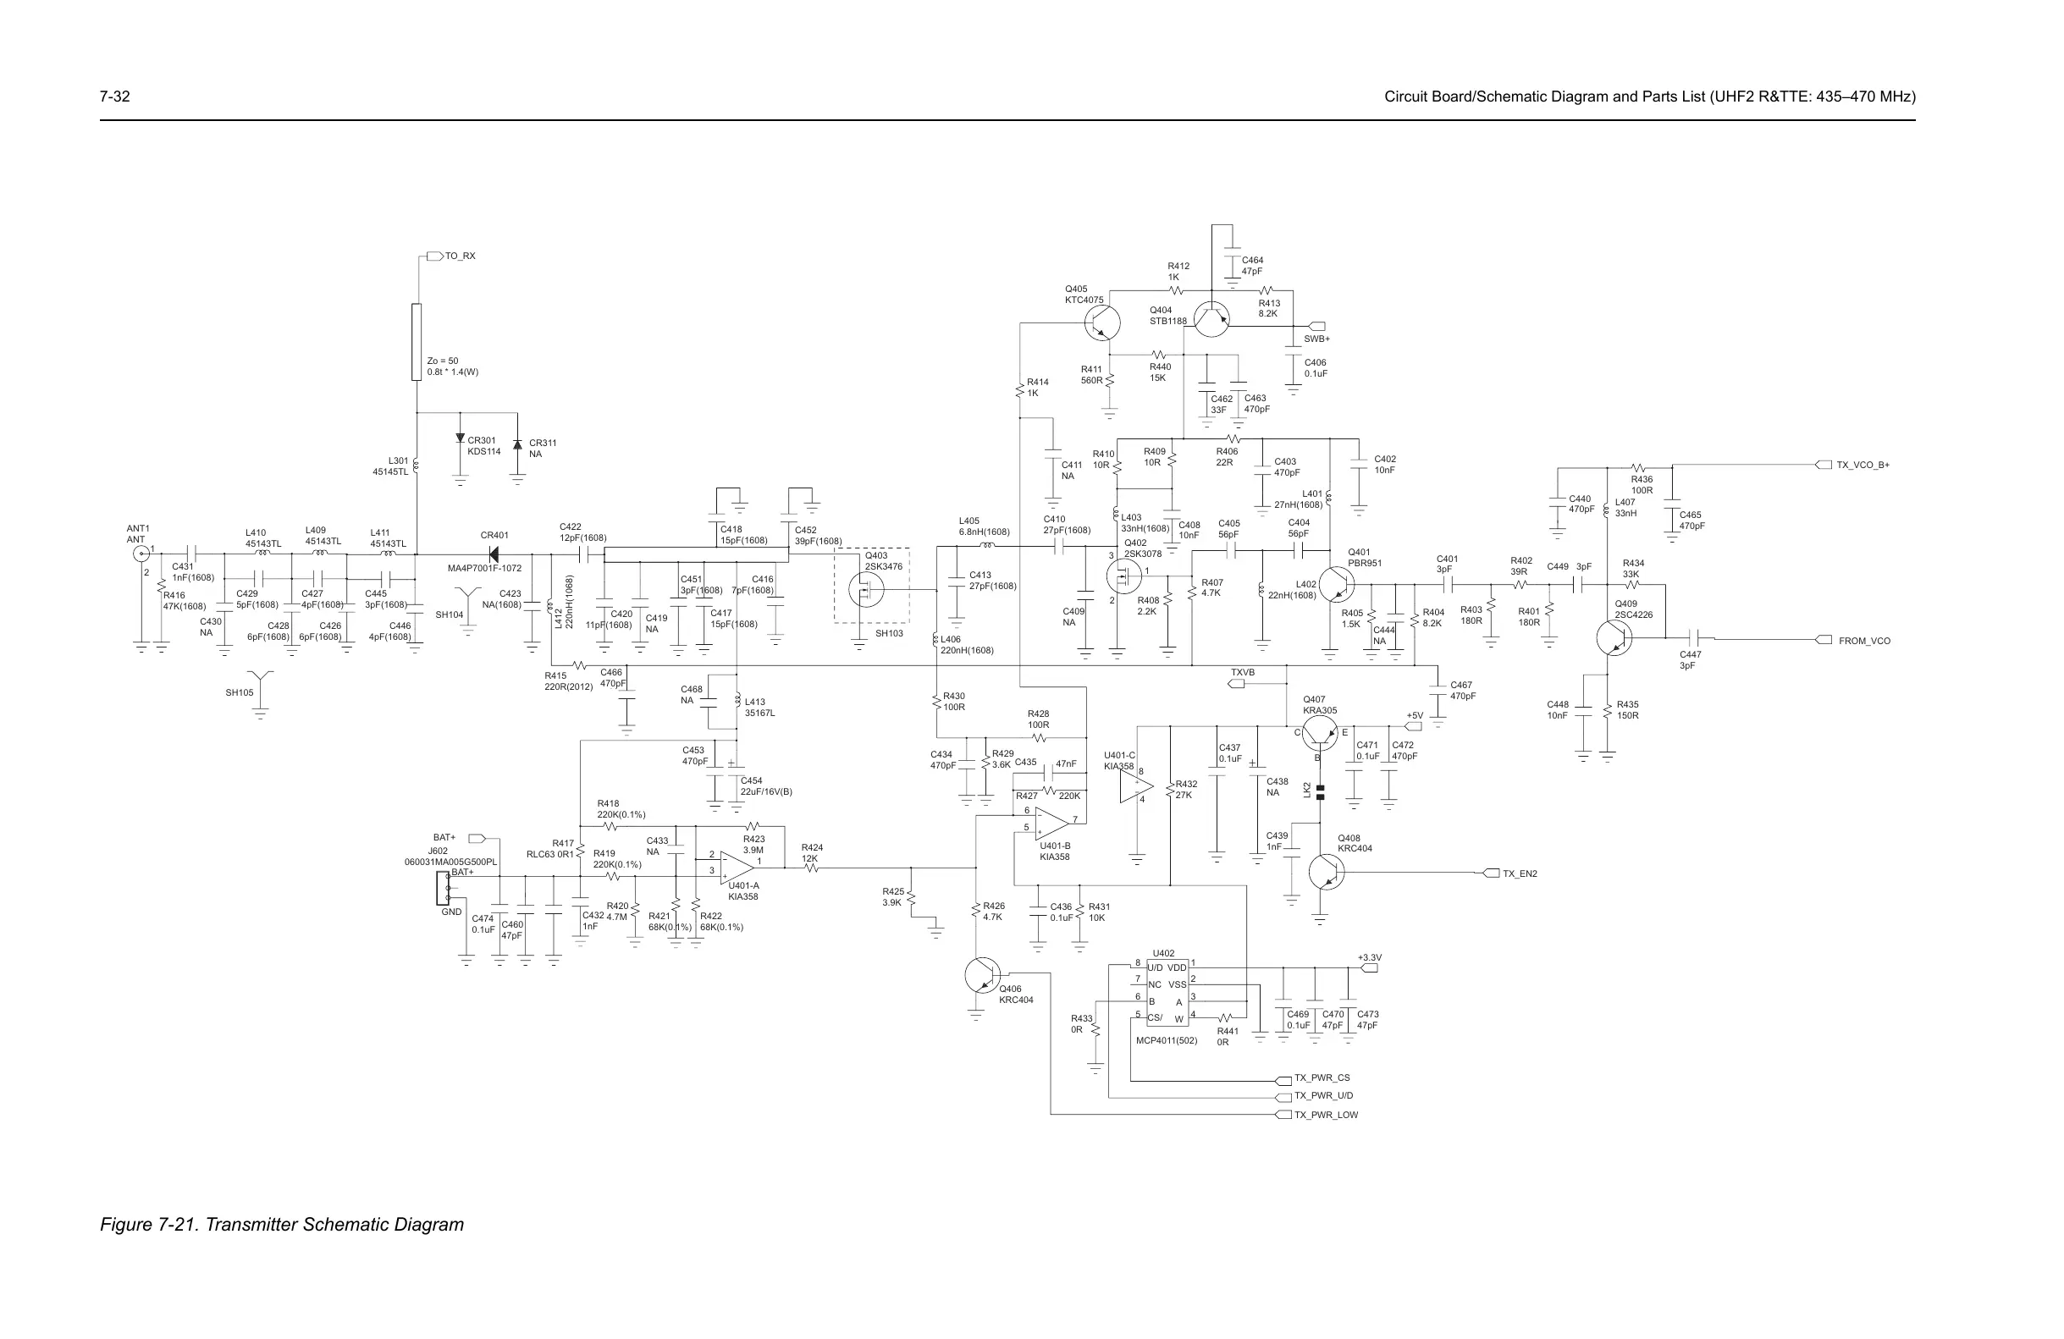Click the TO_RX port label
tap(460, 256)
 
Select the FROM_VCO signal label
tap(1864, 641)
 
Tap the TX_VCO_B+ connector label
tap(1863, 465)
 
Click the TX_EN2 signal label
tap(1520, 873)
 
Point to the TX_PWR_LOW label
tap(1326, 1116)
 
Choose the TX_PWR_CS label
tap(1322, 1078)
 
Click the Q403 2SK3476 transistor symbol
tap(865, 590)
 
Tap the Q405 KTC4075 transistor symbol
tap(1102, 322)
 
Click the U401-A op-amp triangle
tap(736, 865)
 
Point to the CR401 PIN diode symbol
tap(494, 554)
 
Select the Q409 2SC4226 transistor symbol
tap(1613, 638)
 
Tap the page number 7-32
tap(114, 96)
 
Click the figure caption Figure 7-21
tap(282, 1225)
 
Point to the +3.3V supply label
tap(1369, 958)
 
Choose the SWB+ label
tap(1316, 339)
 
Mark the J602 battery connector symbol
tap(443, 888)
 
